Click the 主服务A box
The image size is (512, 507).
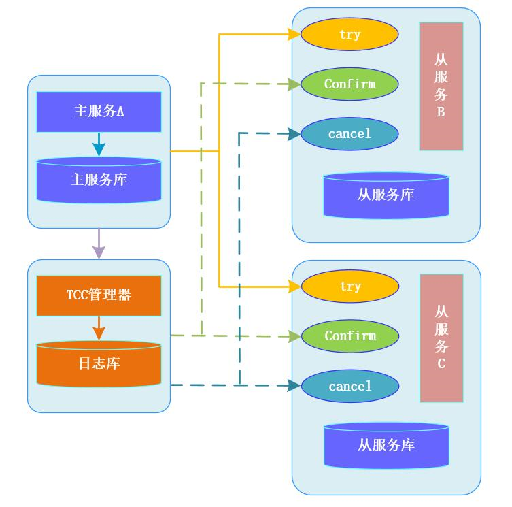[x=99, y=112]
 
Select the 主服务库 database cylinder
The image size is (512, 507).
[x=99, y=180]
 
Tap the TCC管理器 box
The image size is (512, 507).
[x=99, y=295]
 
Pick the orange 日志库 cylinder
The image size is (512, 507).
[x=99, y=364]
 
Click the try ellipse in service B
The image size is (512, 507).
[x=349, y=34]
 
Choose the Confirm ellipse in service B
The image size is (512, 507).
[x=349, y=84]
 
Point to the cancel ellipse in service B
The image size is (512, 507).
[x=349, y=134]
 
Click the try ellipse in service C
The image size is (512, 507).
[x=349, y=287]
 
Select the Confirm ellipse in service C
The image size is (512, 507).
[x=349, y=336]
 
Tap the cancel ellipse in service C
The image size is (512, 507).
[x=349, y=387]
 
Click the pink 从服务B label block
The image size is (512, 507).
[x=441, y=86]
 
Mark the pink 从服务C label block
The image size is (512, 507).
[x=441, y=338]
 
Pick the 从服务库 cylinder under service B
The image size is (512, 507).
[x=386, y=195]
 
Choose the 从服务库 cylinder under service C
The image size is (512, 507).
[x=386, y=446]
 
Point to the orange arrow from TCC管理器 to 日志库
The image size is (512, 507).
[x=99, y=327]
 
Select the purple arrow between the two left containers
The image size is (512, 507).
[x=99, y=244]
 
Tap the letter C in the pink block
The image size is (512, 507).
[x=441, y=364]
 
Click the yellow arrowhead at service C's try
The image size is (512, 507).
[x=294, y=287]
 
